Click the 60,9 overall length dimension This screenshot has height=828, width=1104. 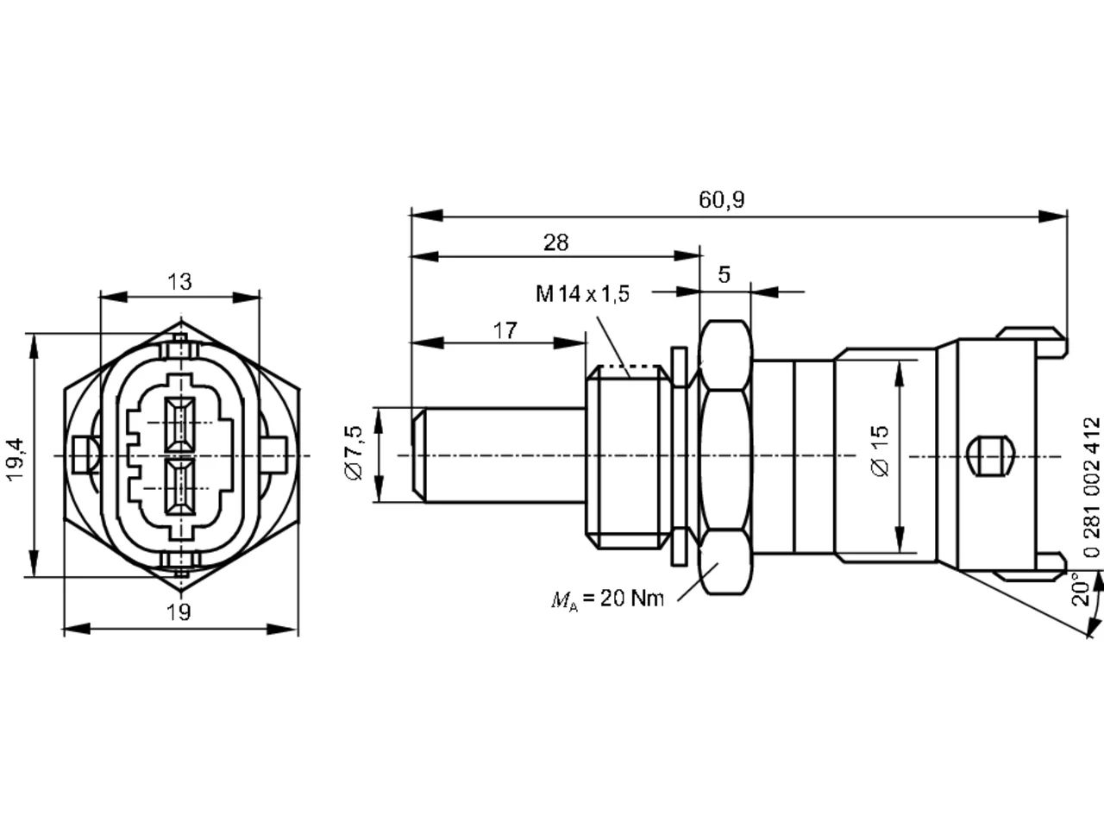[x=721, y=200]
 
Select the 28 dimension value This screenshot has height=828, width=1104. [x=555, y=243]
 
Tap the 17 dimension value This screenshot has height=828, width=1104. [x=505, y=331]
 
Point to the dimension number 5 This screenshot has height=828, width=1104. [x=724, y=274]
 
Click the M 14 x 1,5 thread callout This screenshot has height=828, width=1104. [x=582, y=293]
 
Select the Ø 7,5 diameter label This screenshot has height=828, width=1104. [x=354, y=453]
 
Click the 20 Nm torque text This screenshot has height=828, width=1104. [x=632, y=599]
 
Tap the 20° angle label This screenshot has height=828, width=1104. [x=1081, y=589]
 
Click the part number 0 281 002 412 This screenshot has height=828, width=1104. [x=1092, y=487]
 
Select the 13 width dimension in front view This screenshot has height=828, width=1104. [x=179, y=282]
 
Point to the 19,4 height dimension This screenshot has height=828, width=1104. [x=16, y=460]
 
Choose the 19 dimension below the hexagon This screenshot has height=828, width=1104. [x=179, y=612]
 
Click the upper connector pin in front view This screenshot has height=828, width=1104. [x=180, y=423]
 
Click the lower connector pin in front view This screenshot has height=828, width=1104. [x=180, y=487]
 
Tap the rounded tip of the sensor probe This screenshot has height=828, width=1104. [x=418, y=455]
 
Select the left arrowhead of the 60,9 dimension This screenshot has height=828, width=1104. [x=427, y=216]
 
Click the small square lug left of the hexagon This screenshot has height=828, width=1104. [x=83, y=455]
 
